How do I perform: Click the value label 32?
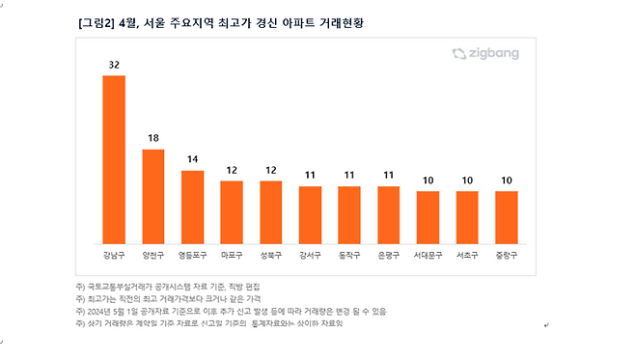pos(114,66)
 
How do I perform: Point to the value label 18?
pos(153,139)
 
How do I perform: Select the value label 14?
pos(193,160)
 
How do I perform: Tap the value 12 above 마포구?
pos(232,171)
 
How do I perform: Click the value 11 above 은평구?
pos(389,176)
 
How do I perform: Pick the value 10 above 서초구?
pos(467,180)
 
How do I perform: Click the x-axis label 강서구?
pos(310,256)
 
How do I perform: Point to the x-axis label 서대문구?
pos(428,256)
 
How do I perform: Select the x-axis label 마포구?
pos(232,256)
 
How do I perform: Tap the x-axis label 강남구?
pos(114,256)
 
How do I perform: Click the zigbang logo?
pos(491,55)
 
